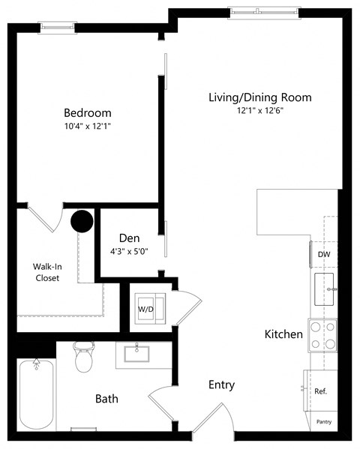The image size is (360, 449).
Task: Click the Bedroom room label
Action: (87, 113)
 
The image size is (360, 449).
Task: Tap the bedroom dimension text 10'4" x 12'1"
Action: (87, 126)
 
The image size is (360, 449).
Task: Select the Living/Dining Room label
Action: (259, 97)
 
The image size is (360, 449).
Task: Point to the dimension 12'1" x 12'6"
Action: (259, 110)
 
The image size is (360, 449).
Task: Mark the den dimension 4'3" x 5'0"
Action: (129, 251)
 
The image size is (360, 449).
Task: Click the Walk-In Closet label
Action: (46, 272)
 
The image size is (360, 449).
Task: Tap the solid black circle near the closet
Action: (81, 221)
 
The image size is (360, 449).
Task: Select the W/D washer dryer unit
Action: (145, 307)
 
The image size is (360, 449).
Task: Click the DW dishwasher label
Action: (324, 254)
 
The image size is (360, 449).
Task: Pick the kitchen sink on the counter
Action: (325, 286)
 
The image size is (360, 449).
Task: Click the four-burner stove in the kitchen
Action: (323, 335)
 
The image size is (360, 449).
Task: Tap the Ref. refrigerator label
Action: (320, 391)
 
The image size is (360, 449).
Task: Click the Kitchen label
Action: (283, 334)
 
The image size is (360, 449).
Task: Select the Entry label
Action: (221, 385)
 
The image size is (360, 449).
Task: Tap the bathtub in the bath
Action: (35, 393)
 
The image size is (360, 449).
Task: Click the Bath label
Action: (106, 399)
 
